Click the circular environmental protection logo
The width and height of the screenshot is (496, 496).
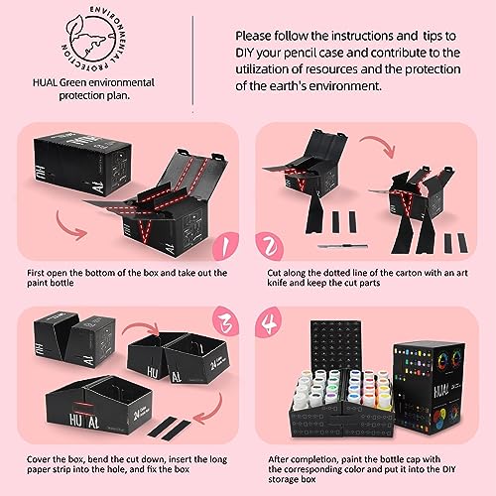coord(94,39)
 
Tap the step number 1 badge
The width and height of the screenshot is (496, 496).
coord(224,246)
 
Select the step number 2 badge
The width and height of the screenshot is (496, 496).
coord(269,246)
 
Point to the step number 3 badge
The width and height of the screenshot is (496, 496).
coord(225,321)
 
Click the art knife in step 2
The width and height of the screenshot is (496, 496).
coord(342,246)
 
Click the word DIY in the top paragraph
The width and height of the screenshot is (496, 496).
coord(245,53)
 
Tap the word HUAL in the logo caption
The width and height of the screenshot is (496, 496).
coord(45,82)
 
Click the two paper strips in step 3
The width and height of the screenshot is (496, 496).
coord(169,429)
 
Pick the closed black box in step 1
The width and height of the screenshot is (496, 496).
coord(82,164)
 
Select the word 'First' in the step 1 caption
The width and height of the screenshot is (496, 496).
coord(36,273)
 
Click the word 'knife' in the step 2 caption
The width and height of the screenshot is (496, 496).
coord(277,283)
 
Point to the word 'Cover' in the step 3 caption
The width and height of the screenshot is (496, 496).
coord(38,459)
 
